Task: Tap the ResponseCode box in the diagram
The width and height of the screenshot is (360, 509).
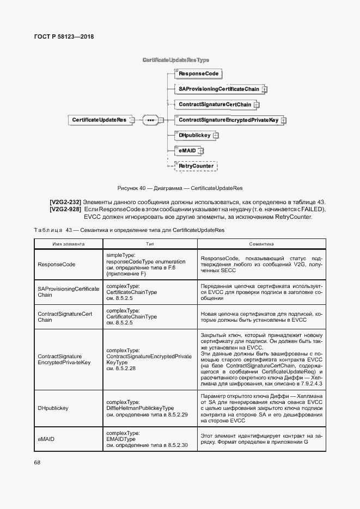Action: coord(199,73)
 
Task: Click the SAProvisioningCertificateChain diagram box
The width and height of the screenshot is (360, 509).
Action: coord(218,89)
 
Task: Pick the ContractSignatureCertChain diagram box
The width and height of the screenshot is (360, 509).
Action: coord(215,104)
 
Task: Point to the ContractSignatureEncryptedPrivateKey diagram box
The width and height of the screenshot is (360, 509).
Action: coord(228,119)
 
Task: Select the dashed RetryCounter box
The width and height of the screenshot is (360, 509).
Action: coord(195,165)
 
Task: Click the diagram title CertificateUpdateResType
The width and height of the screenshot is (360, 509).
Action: coord(176,59)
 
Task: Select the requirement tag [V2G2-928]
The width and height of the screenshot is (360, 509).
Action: coord(65,210)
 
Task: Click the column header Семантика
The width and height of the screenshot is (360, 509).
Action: coord(261,245)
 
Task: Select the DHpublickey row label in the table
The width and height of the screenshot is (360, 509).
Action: coord(52,407)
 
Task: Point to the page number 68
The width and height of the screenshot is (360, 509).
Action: coord(38,462)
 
